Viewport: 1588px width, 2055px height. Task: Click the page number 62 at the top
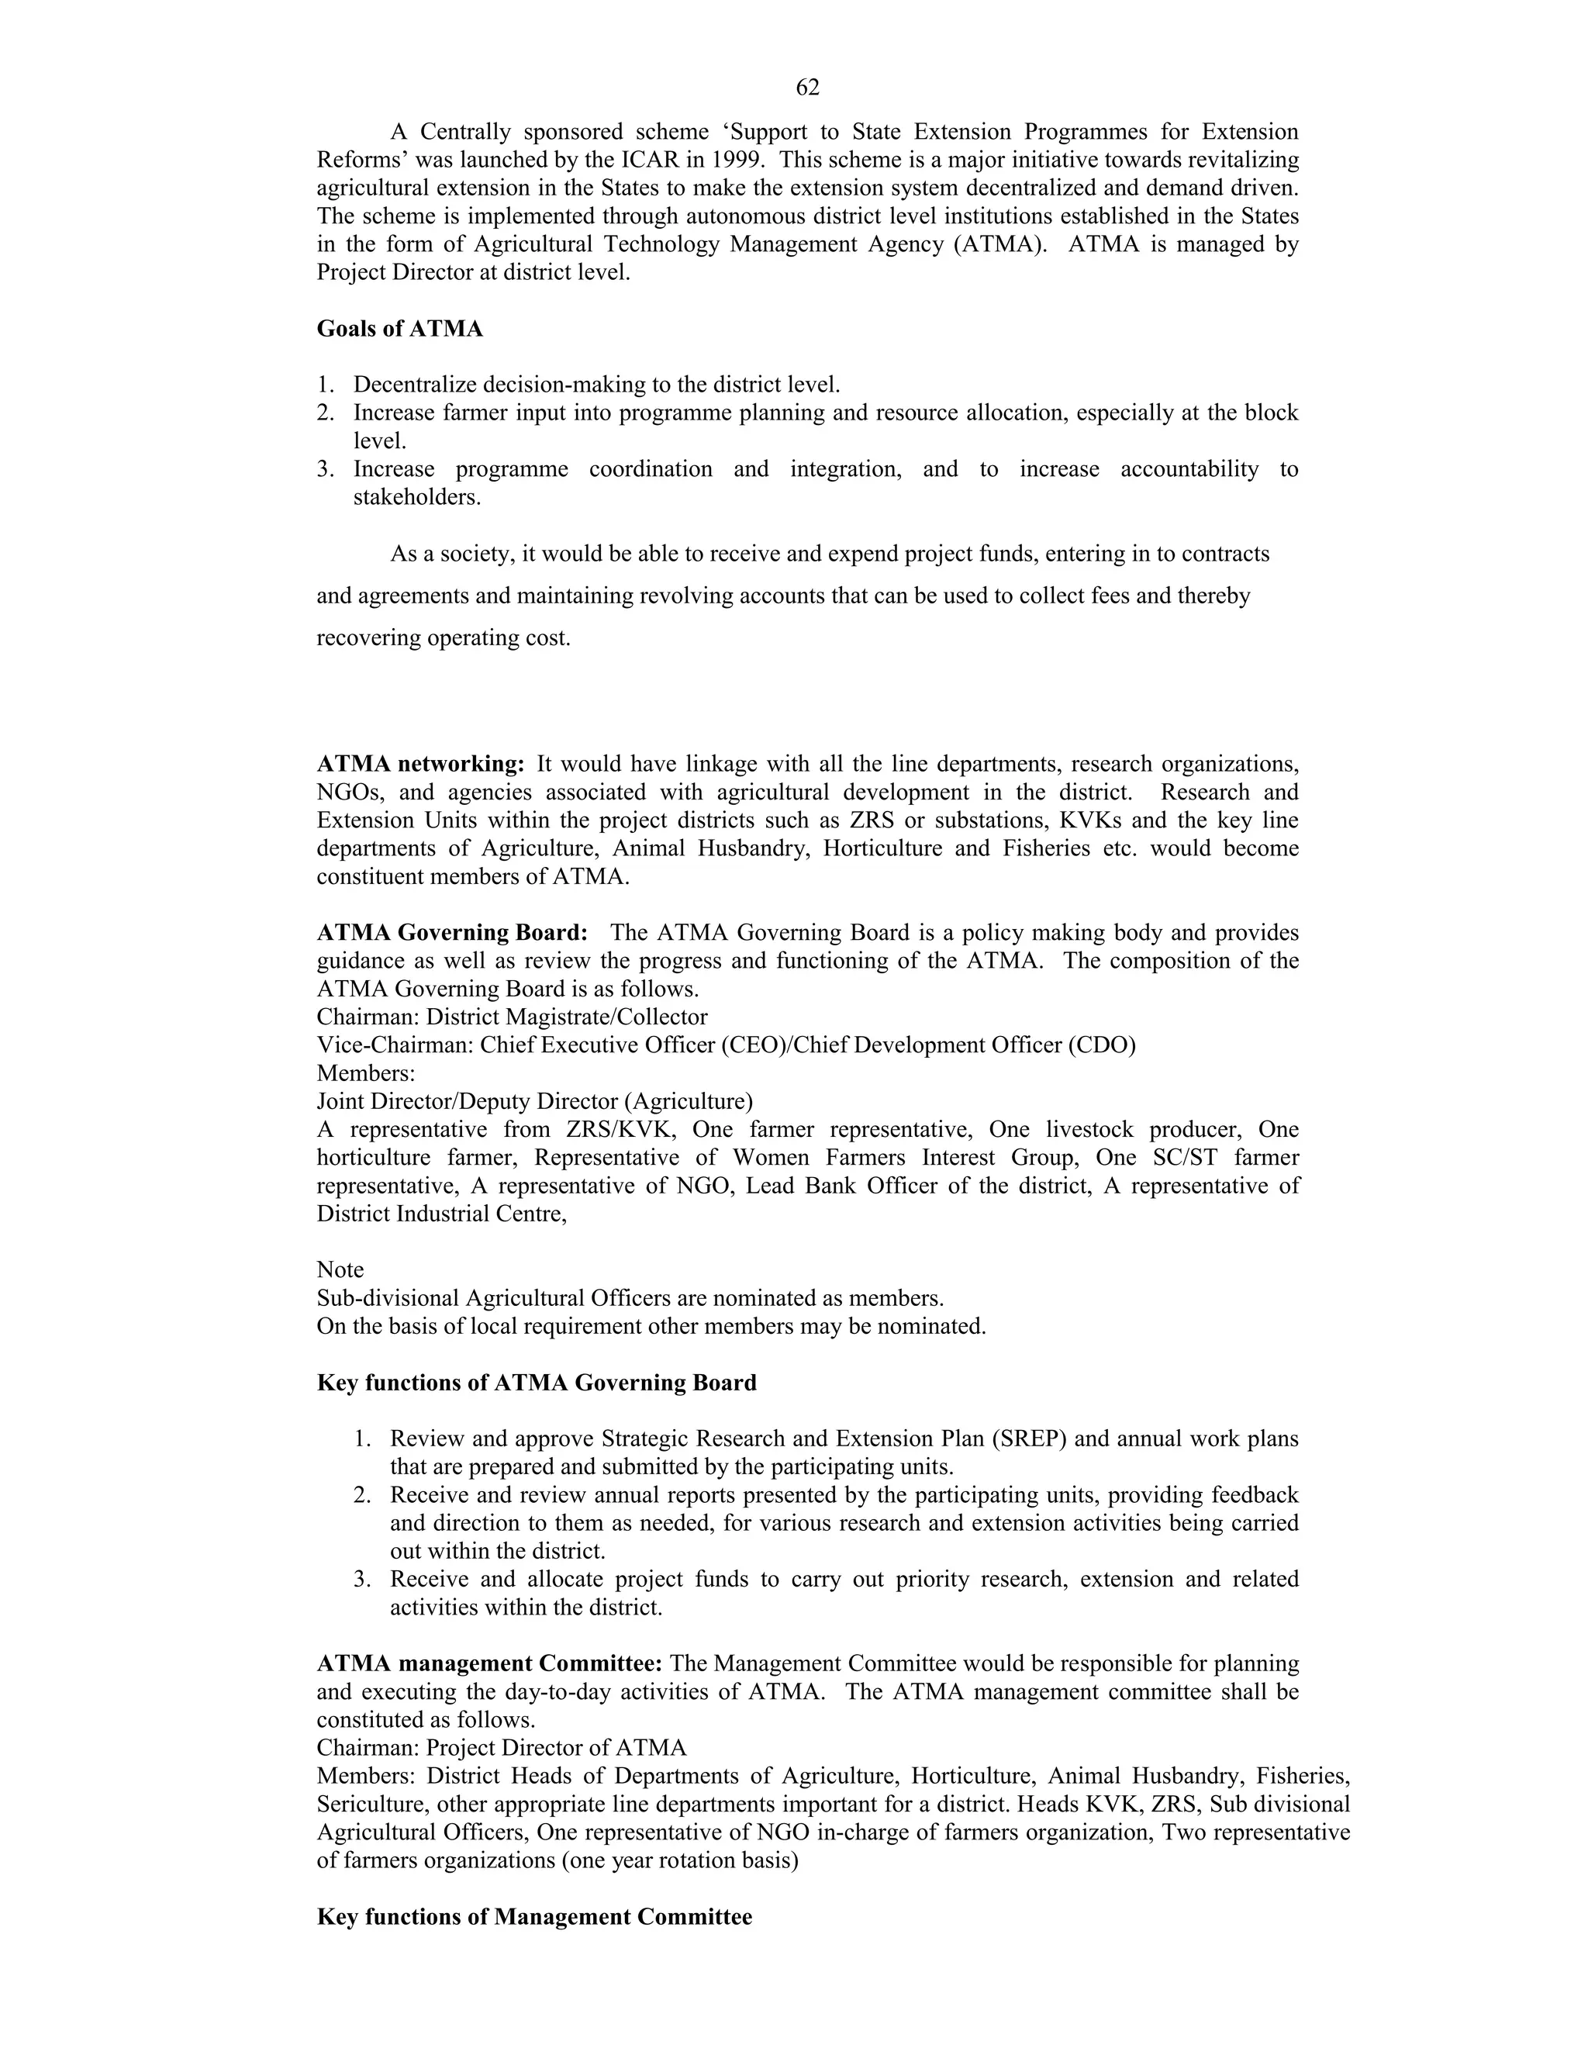[807, 88]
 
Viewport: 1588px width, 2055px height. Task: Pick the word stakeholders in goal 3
[416, 497]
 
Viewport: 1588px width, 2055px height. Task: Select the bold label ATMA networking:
[420, 764]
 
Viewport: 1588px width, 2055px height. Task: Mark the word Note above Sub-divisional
[340, 1269]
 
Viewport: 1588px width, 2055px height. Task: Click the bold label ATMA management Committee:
[490, 1663]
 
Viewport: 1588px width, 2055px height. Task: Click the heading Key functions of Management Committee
[534, 1917]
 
